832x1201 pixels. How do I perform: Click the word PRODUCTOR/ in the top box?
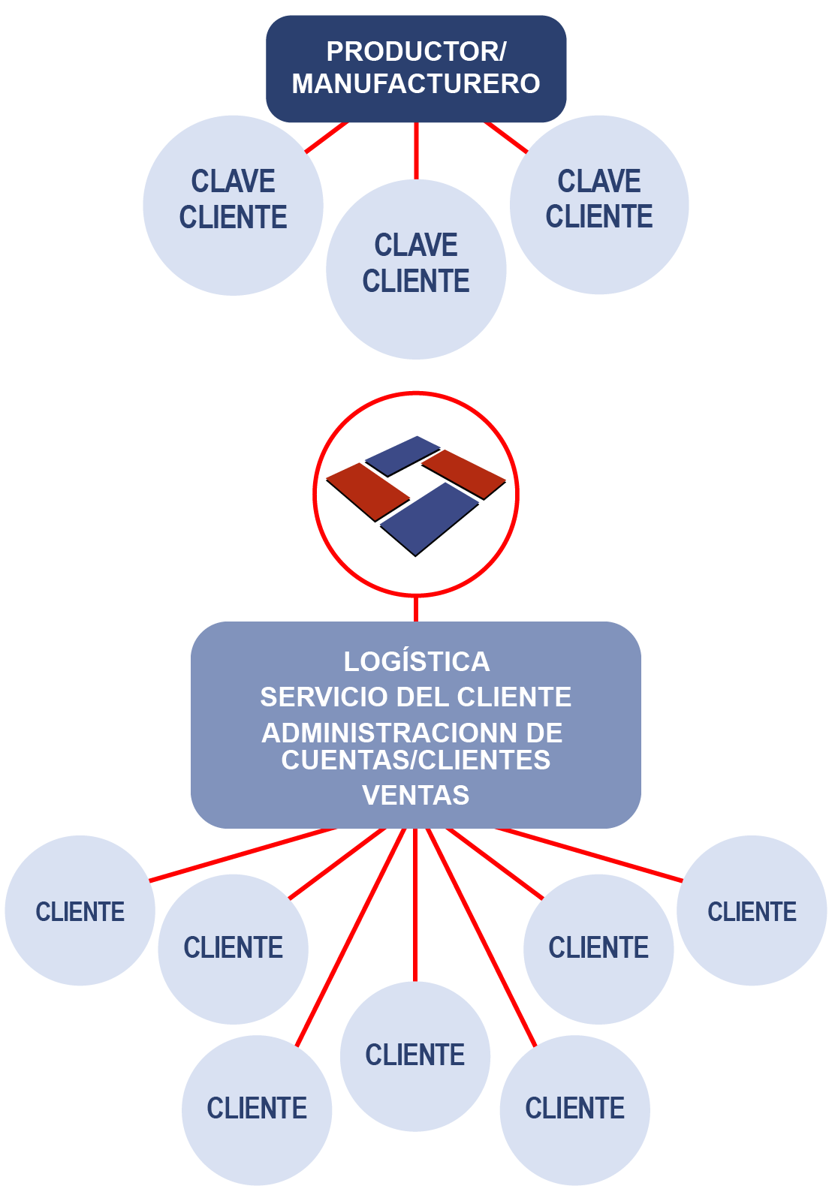(416, 52)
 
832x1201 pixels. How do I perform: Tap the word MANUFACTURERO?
(416, 83)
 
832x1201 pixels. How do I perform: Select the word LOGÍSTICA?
(416, 662)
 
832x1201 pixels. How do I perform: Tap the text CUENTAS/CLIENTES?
(416, 760)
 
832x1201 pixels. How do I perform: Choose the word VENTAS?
(416, 796)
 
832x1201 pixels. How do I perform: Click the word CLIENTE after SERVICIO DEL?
(514, 697)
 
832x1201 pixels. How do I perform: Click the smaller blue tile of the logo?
(402, 455)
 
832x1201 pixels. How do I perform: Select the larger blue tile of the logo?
(430, 518)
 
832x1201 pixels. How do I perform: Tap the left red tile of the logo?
(367, 491)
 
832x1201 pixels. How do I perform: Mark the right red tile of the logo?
(464, 473)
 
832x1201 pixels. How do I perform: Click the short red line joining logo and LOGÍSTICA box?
(416, 609)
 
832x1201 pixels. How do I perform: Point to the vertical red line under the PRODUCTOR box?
(416, 151)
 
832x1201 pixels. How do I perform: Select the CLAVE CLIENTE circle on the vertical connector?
(416, 269)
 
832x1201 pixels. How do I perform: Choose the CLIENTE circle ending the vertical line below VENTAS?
(415, 1056)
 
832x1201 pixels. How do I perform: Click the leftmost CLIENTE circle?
(80, 911)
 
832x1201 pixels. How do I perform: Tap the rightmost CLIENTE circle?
(752, 911)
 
